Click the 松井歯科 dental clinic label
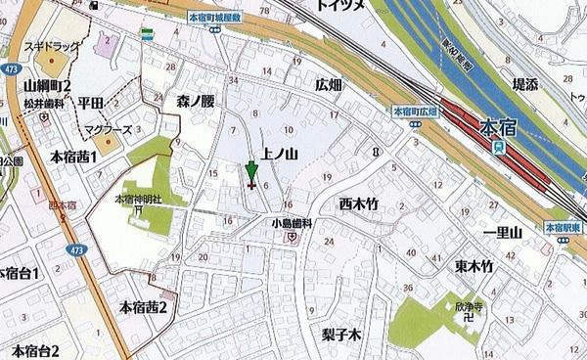46,103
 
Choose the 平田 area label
93,102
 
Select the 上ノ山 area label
279,154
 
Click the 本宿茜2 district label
144,308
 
